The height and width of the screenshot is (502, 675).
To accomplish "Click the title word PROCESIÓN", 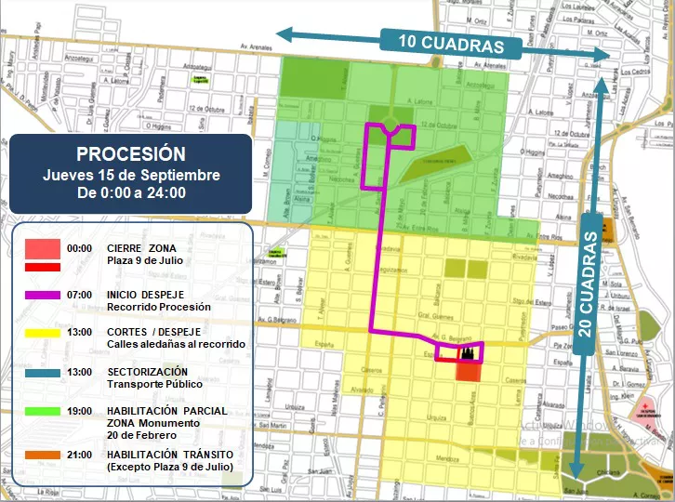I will pyautogui.click(x=131, y=153).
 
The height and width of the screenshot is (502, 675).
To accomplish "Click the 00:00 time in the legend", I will pyautogui.click(x=80, y=249).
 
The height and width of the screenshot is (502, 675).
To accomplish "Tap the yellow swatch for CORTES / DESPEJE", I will pyautogui.click(x=43, y=333).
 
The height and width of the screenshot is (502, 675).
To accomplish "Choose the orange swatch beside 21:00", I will pyautogui.click(x=43, y=454).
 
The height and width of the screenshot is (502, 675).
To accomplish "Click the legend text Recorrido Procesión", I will pyautogui.click(x=159, y=307).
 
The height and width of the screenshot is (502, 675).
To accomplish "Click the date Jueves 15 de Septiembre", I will pyautogui.click(x=131, y=175).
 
